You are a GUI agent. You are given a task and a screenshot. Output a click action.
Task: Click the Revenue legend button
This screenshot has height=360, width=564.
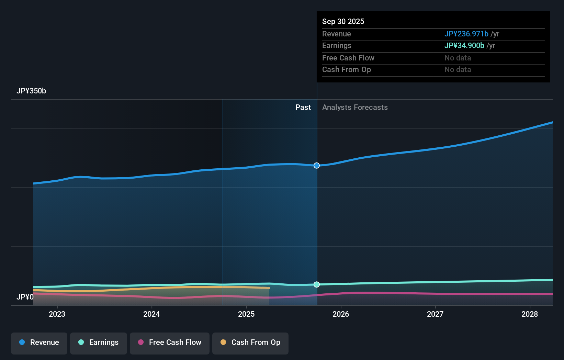[x=39, y=342]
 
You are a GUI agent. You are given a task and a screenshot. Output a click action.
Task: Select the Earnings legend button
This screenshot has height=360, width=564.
[x=99, y=342]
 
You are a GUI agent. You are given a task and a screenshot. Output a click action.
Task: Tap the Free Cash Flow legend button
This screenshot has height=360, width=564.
[x=170, y=342]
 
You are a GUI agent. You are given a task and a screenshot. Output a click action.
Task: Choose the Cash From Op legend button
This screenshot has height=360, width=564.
[x=250, y=342]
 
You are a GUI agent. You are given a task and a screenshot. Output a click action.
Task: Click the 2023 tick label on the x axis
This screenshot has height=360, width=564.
[x=57, y=314]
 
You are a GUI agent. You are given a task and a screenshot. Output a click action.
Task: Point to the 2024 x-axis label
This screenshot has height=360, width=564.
[x=151, y=314]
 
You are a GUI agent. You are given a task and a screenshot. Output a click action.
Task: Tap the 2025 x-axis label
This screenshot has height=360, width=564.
[x=246, y=314]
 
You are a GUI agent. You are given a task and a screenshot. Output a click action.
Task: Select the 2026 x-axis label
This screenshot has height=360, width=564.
[x=341, y=314]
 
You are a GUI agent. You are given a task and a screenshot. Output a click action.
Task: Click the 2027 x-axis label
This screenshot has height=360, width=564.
[x=435, y=314]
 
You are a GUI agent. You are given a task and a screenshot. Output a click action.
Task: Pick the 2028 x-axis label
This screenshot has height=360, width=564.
[x=530, y=314]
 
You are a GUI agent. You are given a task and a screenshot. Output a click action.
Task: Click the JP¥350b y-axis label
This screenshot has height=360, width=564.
[x=31, y=91]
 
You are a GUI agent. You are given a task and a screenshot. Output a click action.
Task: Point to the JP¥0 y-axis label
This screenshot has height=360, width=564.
[x=25, y=297]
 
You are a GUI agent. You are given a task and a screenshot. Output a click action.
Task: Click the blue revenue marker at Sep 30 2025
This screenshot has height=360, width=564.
[x=317, y=166]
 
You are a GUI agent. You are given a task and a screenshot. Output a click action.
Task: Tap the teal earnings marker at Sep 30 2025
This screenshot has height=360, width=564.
[x=317, y=284]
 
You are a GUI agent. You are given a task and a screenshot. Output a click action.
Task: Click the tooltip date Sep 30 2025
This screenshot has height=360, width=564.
[x=343, y=21]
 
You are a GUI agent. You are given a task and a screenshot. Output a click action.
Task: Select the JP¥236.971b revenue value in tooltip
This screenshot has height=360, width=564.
[x=466, y=34]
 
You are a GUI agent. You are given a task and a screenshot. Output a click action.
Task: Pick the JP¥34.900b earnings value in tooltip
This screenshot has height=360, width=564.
[x=464, y=45]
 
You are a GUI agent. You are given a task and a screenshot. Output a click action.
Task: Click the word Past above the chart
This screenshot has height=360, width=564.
[x=303, y=108]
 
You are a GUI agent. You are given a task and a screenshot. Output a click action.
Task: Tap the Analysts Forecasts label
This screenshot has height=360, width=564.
[x=355, y=108]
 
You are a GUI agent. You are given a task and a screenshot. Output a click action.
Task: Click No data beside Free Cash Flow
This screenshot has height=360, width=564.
[x=458, y=58]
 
